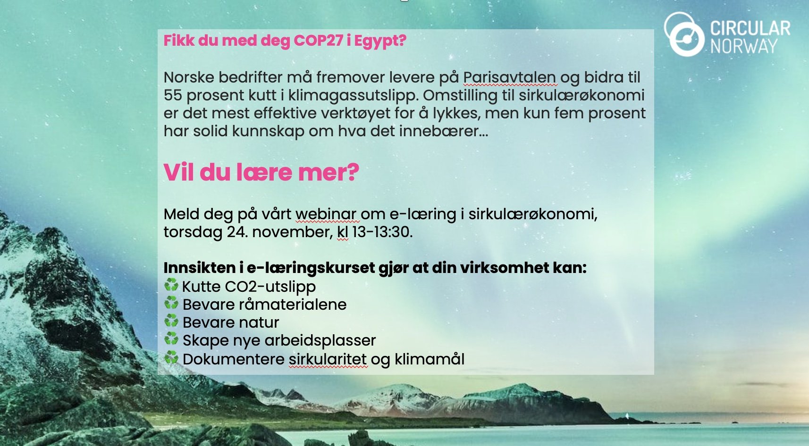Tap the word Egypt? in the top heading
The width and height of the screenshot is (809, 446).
[380, 41]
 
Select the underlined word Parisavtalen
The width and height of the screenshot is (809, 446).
[509, 77]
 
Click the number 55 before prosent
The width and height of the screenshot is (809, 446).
[173, 95]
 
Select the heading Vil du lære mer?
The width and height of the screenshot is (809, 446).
[261, 172]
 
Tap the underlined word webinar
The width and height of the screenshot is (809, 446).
[327, 215]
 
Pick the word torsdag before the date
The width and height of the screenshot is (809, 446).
[193, 232]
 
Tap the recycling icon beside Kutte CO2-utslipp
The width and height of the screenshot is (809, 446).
[171, 285]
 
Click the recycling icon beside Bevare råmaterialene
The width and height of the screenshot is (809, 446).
[171, 303]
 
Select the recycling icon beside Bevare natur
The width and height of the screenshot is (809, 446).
[171, 322]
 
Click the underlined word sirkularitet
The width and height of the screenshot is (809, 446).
[328, 359]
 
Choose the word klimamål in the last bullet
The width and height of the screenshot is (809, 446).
[430, 359]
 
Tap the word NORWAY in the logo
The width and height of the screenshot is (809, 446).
[744, 46]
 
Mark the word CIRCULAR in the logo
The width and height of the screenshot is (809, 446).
[750, 28]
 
